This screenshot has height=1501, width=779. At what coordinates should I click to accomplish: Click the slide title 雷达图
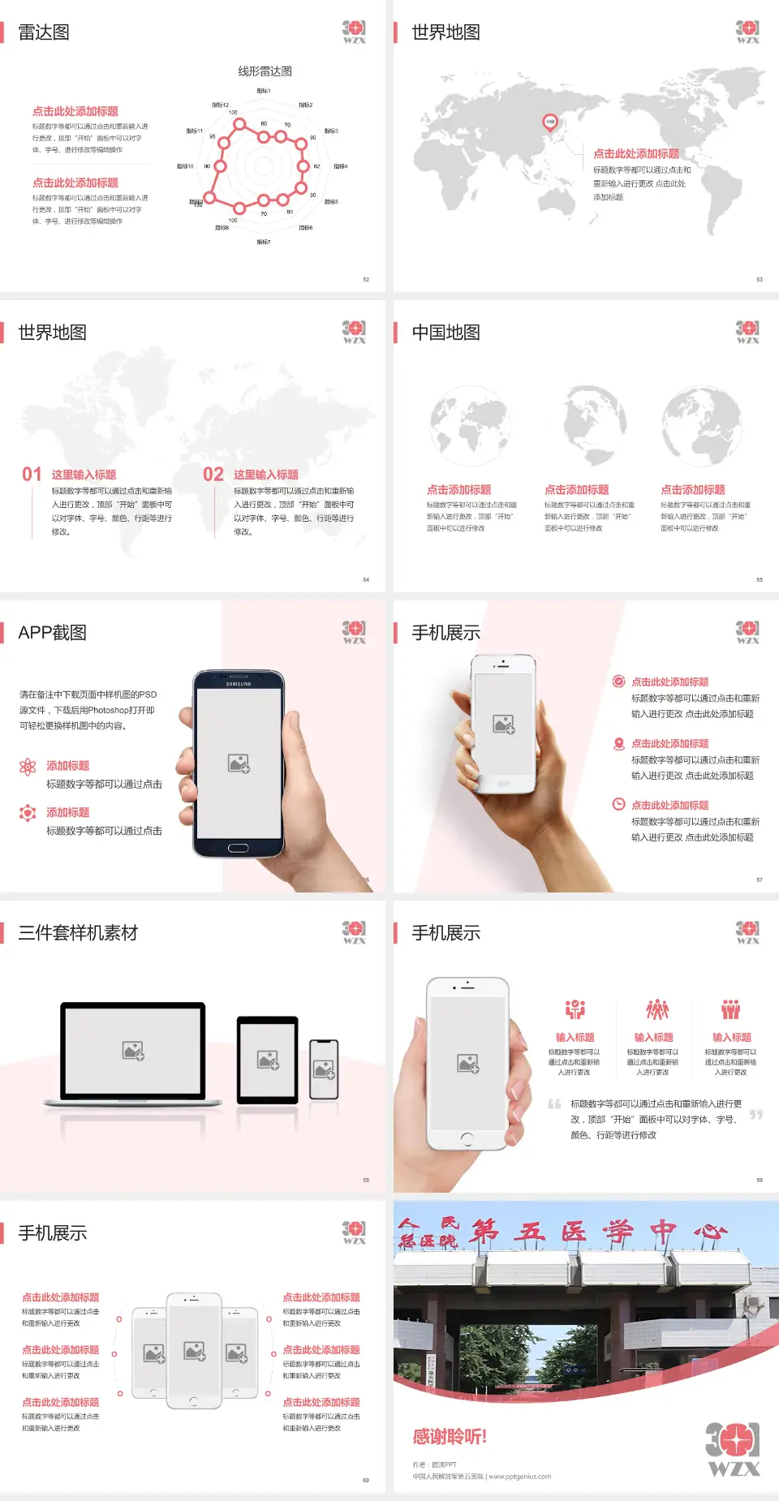point(44,32)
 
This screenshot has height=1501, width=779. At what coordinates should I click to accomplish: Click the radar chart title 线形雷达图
point(265,71)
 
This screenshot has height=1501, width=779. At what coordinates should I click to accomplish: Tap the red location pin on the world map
point(549,123)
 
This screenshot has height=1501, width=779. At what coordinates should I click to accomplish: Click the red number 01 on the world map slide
point(32,474)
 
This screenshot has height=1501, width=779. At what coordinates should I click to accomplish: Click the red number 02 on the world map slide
point(213,474)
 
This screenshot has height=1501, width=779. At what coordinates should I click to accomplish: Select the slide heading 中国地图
point(445,333)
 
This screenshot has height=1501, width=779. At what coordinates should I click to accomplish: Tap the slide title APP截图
point(52,633)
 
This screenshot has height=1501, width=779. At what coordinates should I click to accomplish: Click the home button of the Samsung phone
point(238,848)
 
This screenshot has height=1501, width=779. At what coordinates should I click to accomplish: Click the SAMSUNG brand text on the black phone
point(239,684)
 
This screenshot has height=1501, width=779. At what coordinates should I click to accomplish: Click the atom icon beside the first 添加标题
point(28,766)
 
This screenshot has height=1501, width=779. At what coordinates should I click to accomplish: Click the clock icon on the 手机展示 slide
point(618,804)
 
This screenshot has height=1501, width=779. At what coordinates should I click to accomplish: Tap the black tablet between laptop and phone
point(267,1059)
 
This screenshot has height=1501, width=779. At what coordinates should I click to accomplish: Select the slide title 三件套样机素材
point(78,933)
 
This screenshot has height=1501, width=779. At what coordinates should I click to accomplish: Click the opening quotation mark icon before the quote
point(554,1103)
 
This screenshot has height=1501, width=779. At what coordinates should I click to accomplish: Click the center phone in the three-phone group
point(194,1350)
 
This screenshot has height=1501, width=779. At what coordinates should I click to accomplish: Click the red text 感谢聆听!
point(449,1437)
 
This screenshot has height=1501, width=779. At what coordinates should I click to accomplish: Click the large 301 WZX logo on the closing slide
point(732,1448)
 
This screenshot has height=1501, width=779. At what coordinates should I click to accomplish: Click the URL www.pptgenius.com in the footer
point(519,1477)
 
